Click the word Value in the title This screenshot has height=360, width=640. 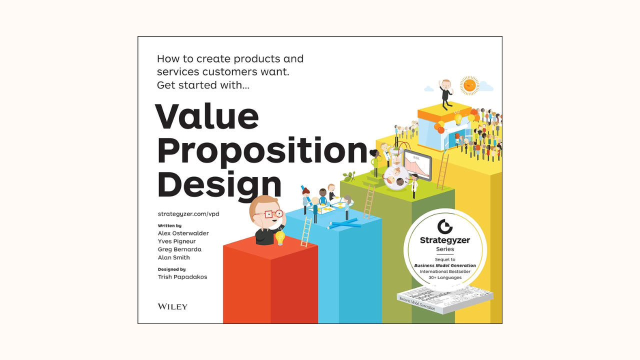point(207,116)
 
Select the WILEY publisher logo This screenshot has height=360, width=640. point(172,306)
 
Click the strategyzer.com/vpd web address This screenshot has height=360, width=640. point(188,214)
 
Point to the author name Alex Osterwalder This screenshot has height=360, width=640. point(183,233)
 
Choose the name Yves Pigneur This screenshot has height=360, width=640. point(176,241)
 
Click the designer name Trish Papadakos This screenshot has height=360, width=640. point(182,277)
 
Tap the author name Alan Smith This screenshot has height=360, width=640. point(173,257)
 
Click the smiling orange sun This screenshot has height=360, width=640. point(469,85)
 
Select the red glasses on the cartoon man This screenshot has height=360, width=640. point(268,214)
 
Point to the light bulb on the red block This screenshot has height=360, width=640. point(280,237)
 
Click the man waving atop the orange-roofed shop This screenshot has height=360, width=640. point(445,93)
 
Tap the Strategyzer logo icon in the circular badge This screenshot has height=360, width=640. point(444,226)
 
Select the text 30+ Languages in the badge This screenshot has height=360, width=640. point(445,277)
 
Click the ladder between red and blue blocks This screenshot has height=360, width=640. point(306,231)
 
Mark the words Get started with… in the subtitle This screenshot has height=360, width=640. point(203,85)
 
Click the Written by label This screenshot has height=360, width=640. point(169,226)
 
